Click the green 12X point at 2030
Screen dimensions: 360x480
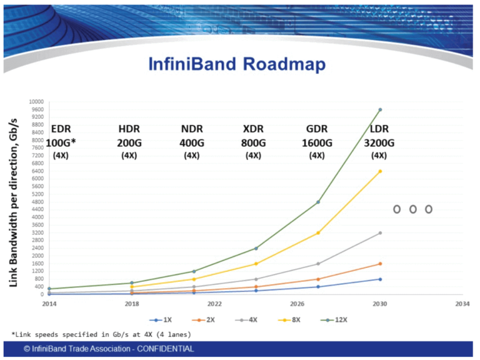tap(380, 109)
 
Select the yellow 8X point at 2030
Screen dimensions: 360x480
tap(380, 171)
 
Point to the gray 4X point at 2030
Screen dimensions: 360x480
tap(380, 233)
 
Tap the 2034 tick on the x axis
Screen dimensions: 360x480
tap(462, 304)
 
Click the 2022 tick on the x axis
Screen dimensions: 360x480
tap(214, 304)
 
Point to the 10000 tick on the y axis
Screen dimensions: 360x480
tap(36, 102)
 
